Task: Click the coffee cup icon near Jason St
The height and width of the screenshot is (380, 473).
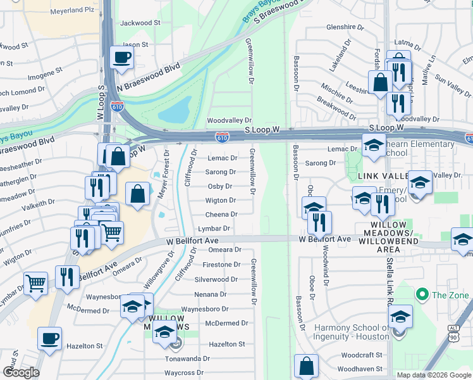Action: tap(122, 58)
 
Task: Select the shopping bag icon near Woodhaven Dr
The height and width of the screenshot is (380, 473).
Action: tap(306, 365)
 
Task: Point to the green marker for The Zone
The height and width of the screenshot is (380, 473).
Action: tap(422, 294)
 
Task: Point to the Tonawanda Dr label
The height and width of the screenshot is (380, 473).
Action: tap(188, 358)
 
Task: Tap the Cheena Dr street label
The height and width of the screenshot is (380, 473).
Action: tap(221, 215)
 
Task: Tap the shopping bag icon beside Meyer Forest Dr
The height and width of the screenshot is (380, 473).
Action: tap(137, 194)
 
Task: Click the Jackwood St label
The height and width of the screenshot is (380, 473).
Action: tap(140, 23)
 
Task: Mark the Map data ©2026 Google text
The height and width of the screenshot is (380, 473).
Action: tap(433, 375)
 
